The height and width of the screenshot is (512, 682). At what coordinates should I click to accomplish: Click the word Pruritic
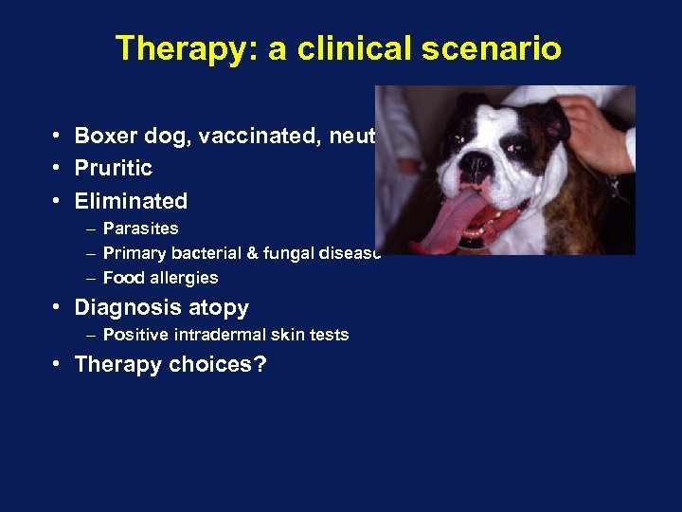click(x=113, y=168)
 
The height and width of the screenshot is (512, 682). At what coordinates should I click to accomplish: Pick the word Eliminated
click(x=131, y=201)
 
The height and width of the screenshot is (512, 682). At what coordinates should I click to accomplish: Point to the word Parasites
click(x=140, y=229)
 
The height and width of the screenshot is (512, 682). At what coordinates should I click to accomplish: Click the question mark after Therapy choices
click(x=260, y=365)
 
